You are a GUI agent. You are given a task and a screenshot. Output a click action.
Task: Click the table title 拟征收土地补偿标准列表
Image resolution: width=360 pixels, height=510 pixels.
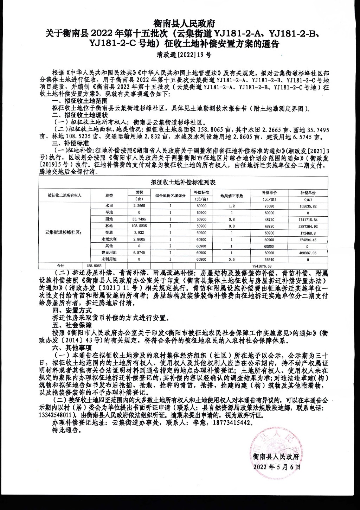pyautogui.click(x=182, y=182)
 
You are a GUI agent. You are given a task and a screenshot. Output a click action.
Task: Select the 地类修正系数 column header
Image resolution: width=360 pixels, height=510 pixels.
pyautogui.click(x=232, y=196)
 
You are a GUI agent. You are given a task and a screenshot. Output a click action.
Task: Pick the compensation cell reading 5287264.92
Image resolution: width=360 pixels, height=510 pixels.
pyautogui.click(x=308, y=226)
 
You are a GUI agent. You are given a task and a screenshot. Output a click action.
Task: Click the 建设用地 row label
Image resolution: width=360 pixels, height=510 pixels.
pyautogui.click(x=109, y=253)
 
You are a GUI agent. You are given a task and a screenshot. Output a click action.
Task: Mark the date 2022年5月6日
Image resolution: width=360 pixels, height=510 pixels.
pyautogui.click(x=277, y=467)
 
